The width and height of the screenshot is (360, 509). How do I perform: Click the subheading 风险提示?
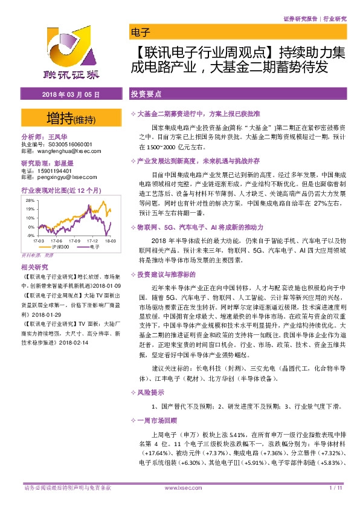pos(150,392)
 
